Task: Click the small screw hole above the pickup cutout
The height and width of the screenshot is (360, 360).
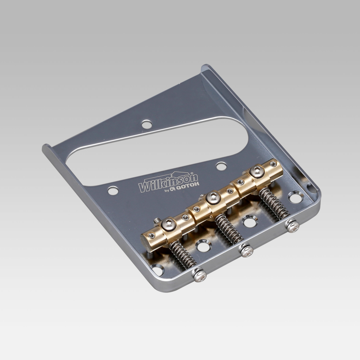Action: [147, 124]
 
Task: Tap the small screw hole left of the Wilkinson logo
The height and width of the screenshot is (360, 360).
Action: [113, 191]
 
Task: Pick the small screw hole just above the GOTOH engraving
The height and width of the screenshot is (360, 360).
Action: [221, 166]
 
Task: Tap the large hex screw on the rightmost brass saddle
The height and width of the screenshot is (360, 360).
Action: [257, 172]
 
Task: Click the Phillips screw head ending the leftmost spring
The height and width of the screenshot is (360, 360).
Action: [200, 275]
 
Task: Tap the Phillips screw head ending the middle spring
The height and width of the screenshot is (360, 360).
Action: [247, 250]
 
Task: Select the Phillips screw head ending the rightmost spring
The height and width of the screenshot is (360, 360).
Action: [293, 226]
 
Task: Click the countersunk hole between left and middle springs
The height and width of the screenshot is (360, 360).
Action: [204, 245]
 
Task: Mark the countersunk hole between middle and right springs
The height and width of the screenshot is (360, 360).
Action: [250, 221]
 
